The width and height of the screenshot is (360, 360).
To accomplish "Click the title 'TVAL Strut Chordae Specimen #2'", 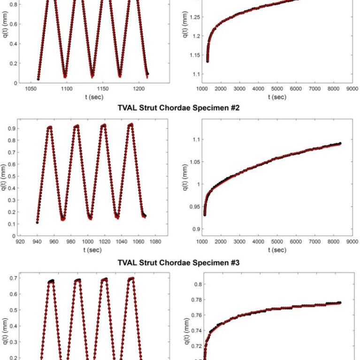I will click(x=178, y=108).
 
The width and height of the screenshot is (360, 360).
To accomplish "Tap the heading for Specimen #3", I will click(x=178, y=262).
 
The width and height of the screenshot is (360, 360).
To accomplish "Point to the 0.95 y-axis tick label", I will click(x=193, y=207).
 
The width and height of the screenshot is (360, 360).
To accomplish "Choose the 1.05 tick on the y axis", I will click(x=193, y=162).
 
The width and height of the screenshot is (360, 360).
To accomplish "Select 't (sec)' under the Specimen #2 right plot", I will click(x=277, y=250).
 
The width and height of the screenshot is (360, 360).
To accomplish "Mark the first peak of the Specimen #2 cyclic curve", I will click(x=49, y=127).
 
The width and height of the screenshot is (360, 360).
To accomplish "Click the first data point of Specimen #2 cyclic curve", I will click(x=37, y=222).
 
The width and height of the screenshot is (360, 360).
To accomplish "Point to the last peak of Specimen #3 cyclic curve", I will click(x=131, y=279).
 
